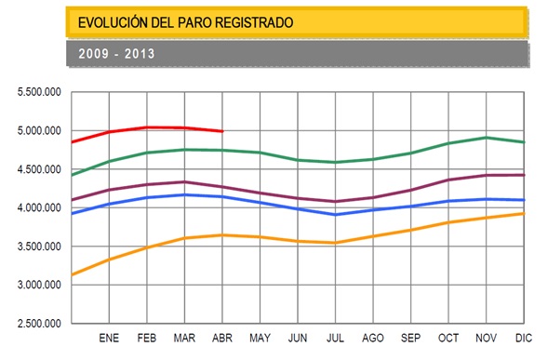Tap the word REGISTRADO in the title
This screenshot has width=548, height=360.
(254, 22)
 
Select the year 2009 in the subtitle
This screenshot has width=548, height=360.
(94, 54)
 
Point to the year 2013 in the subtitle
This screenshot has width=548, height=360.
(140, 54)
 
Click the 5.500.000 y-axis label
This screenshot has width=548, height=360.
(39, 92)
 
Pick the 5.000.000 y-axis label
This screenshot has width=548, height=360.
(39, 131)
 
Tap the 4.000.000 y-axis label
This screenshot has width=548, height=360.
(39, 208)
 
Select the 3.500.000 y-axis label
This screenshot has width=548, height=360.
(39, 247)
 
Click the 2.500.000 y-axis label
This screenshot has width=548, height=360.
(39, 324)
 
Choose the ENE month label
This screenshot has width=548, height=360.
(109, 338)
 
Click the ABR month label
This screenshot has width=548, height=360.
(222, 338)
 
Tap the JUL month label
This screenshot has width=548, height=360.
(335, 338)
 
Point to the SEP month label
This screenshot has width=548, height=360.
(410, 338)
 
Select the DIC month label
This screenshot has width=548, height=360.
(524, 338)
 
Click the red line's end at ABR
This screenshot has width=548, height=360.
(222, 131)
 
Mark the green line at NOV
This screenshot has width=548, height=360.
(487, 138)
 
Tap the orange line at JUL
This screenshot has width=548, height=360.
(336, 243)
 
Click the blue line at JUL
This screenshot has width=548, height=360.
(336, 215)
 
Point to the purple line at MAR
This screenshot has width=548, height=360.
(184, 181)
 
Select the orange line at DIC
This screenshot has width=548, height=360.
(524, 213)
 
